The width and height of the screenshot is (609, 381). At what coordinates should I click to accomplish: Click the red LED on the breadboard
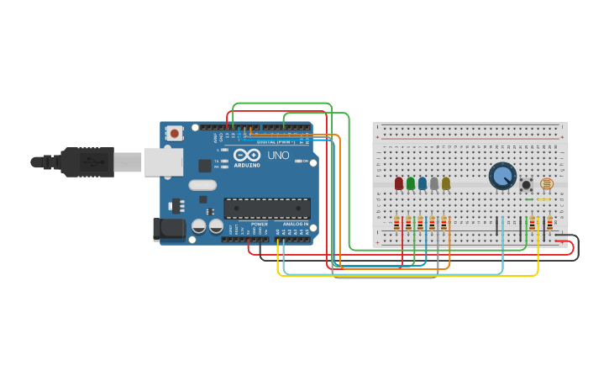[x=398, y=183]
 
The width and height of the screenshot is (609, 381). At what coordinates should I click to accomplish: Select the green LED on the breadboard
[x=410, y=183]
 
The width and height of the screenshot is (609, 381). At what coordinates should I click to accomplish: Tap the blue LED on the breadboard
[x=422, y=183]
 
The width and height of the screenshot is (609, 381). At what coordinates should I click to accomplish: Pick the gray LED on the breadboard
[x=433, y=183]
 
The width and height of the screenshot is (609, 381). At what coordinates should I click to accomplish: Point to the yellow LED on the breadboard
[x=445, y=183]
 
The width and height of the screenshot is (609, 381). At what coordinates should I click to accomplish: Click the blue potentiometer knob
[x=502, y=176]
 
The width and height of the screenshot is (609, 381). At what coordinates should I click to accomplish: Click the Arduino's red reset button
[x=174, y=133]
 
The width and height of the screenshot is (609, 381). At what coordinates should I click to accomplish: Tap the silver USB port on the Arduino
[x=163, y=161]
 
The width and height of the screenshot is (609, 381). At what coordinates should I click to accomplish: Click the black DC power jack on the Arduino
[x=169, y=229]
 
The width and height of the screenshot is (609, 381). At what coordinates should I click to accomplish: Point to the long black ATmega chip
[x=266, y=208]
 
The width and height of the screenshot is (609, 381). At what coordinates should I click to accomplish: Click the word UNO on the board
[x=277, y=156]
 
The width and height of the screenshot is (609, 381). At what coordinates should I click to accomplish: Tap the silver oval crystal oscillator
[x=202, y=185]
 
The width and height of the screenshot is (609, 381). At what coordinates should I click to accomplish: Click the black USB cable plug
[x=84, y=161]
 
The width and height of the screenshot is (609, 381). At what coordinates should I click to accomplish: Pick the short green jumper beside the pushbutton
[x=528, y=199]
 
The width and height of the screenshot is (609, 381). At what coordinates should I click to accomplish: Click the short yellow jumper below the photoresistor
[x=544, y=199]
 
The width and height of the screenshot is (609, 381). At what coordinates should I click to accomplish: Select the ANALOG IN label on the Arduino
[x=294, y=225]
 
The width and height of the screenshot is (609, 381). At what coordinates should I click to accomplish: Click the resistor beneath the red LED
[x=397, y=223]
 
